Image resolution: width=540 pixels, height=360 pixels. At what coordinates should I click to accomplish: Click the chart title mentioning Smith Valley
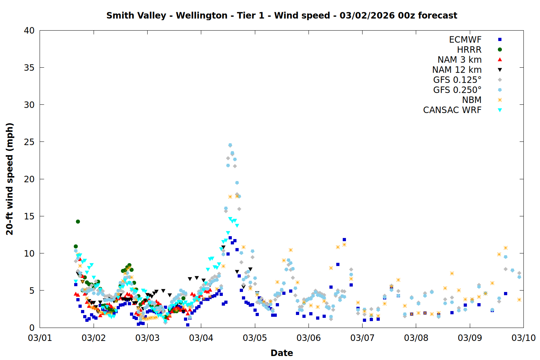pyautogui.click(x=282, y=15)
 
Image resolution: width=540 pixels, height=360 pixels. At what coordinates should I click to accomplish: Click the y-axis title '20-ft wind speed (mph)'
pyautogui.click(x=10, y=179)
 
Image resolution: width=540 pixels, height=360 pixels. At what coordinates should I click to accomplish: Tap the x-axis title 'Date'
pyautogui.click(x=282, y=353)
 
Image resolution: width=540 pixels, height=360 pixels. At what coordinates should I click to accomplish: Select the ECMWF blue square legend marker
pyautogui.click(x=500, y=40)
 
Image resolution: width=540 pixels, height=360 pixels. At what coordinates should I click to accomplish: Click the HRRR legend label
pyautogui.click(x=469, y=50)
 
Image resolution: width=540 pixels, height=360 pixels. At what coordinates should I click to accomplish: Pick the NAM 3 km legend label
pyautogui.click(x=459, y=60)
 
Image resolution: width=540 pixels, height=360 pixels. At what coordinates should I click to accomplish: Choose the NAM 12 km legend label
pyautogui.click(x=457, y=70)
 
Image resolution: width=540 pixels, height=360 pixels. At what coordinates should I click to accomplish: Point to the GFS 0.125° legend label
pyautogui.click(x=457, y=80)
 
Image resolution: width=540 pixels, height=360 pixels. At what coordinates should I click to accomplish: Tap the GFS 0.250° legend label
pyautogui.click(x=457, y=90)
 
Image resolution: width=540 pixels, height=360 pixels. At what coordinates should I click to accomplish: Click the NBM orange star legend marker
pyautogui.click(x=500, y=100)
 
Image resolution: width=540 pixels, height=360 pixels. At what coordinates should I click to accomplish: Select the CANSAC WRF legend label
pyautogui.click(x=452, y=110)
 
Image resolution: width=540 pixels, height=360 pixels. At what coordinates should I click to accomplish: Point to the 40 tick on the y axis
pyautogui.click(x=29, y=31)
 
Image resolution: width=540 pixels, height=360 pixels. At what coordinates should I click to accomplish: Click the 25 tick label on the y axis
pyautogui.click(x=29, y=142)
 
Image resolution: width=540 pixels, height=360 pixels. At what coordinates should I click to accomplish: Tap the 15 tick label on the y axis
pyautogui.click(x=29, y=216)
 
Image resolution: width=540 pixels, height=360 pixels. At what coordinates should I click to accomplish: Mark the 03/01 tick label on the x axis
pyautogui.click(x=40, y=338)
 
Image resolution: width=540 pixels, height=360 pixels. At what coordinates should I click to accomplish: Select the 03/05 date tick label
pyautogui.click(x=255, y=338)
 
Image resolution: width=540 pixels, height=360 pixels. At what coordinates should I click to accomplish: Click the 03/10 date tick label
pyautogui.click(x=523, y=338)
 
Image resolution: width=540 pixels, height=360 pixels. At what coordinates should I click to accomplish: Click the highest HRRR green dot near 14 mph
pyautogui.click(x=78, y=221)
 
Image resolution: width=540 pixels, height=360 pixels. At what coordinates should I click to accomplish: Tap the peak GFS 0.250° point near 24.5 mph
pyautogui.click(x=230, y=145)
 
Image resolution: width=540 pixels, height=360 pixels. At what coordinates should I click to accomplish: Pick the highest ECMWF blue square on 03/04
pyautogui.click(x=230, y=238)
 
